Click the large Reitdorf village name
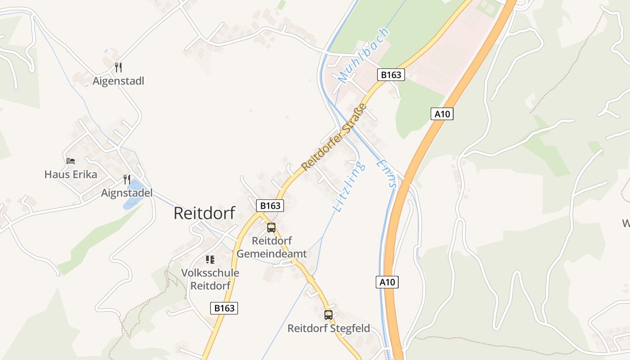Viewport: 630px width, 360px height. (x=204, y=213)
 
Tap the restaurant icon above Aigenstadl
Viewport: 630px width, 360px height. (x=118, y=68)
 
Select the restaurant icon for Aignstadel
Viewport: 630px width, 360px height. (x=127, y=180)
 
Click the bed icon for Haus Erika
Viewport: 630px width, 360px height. (x=71, y=161)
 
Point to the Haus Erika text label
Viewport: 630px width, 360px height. (x=71, y=174)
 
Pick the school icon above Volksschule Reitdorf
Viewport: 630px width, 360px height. (x=210, y=260)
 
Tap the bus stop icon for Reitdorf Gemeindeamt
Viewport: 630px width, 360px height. (x=271, y=228)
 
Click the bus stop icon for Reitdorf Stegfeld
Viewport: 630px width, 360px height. (x=328, y=315)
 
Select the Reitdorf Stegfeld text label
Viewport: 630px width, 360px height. (x=328, y=328)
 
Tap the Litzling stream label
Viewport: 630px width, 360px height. (x=349, y=187)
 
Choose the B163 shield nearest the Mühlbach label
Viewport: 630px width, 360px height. (x=391, y=75)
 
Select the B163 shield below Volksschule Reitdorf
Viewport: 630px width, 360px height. (x=225, y=308)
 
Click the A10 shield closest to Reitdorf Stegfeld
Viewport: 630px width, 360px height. (x=387, y=282)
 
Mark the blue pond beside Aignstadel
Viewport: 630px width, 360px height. (x=134, y=193)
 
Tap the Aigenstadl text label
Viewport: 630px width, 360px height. (x=118, y=81)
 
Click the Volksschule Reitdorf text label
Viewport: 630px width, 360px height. (x=210, y=279)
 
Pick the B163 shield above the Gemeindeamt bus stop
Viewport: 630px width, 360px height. (x=270, y=206)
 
